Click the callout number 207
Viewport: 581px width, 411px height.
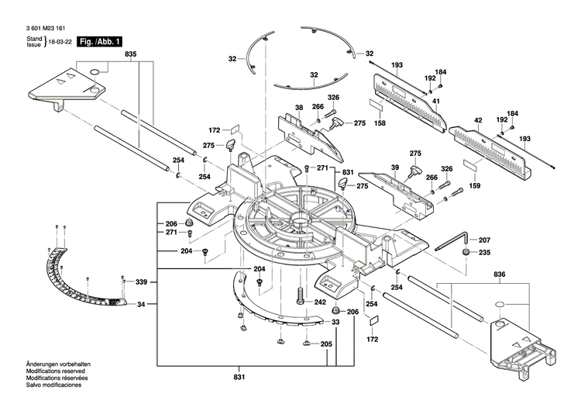(x=484, y=240)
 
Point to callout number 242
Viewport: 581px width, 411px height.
(x=320, y=302)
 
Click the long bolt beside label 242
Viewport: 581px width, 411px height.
(x=299, y=299)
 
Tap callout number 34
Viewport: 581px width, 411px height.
(x=141, y=304)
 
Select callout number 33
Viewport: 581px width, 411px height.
(x=335, y=321)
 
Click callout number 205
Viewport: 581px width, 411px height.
(x=326, y=344)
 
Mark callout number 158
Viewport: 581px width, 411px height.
(x=380, y=123)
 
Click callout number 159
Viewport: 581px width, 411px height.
(x=474, y=185)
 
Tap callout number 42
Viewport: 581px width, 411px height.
(x=478, y=120)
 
